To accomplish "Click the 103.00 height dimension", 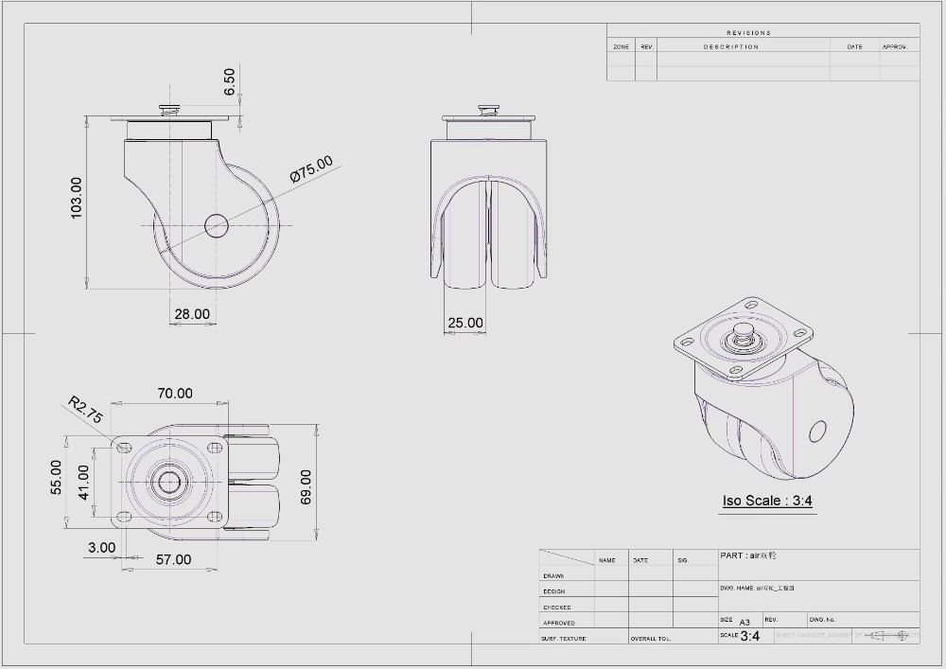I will click(77, 198).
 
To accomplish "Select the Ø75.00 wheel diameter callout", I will click(312, 167).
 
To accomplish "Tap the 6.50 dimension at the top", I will click(230, 81).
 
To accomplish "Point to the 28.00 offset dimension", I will click(192, 314).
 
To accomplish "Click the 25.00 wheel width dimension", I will click(465, 323).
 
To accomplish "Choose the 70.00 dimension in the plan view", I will click(174, 393).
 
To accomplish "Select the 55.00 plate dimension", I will click(56, 477).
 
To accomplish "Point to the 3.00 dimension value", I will click(101, 547).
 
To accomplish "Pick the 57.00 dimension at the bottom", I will click(173, 559).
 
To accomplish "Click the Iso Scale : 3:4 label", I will click(767, 501).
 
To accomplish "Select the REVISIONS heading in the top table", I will click(748, 32).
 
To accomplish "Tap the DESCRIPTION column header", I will click(730, 46).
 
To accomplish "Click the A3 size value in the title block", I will click(745, 622).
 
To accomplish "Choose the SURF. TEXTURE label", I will click(563, 639).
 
